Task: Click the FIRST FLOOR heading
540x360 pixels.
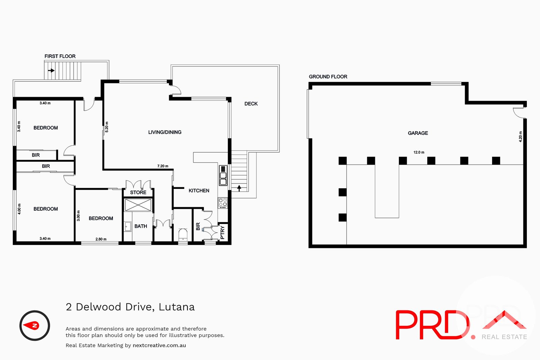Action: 60,56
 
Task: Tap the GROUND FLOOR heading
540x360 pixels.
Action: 328,77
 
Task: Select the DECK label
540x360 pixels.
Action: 251,104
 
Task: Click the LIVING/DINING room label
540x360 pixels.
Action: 165,132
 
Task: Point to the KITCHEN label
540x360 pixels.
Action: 199,191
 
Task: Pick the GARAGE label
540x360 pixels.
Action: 418,133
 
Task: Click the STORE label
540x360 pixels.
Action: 138,193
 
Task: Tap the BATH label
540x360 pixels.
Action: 141,226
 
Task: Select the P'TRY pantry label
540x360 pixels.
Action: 222,232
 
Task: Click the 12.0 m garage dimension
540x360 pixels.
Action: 419,153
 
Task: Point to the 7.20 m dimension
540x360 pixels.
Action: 163,166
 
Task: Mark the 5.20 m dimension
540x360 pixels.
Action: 107,127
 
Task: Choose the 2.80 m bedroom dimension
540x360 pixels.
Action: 101,239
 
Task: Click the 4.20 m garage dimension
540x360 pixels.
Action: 520,136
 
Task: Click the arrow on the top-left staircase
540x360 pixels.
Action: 51,71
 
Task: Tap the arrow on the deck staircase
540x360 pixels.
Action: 239,188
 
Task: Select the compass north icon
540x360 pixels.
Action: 34,326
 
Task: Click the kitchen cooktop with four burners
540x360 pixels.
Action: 223,202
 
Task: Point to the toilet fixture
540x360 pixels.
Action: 183,234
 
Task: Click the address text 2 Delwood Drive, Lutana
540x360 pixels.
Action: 130,307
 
